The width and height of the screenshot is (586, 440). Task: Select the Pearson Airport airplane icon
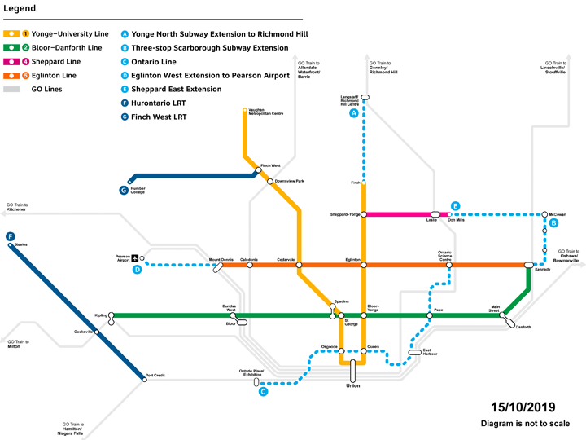click(135, 258)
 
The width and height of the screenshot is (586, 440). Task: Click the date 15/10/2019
click(521, 407)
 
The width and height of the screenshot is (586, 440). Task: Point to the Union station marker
click(352, 371)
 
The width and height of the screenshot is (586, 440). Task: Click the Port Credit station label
click(155, 376)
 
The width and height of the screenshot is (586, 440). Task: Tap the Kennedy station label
click(543, 271)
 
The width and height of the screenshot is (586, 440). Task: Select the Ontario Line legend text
click(155, 61)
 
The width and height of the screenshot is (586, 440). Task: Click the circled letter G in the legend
click(125, 117)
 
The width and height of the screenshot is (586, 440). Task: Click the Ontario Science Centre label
click(445, 256)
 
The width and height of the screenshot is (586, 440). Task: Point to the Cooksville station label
click(83, 332)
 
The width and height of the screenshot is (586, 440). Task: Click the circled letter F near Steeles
click(10, 237)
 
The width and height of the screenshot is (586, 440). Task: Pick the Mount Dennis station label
click(221, 259)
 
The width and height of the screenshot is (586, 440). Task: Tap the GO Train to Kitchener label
click(17, 207)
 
